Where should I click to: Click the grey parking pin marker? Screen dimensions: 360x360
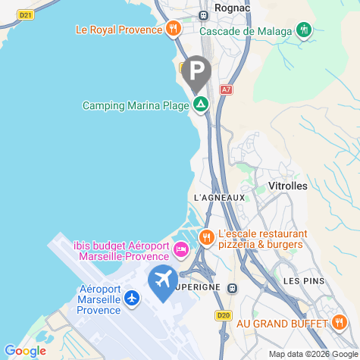click(197, 73)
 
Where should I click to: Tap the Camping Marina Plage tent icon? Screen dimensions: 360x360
click(201, 105)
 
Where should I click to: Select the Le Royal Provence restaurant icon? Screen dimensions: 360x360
click(174, 30)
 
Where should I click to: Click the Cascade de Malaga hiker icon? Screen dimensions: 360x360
click(305, 30)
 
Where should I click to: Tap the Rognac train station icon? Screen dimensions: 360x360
click(204, 15)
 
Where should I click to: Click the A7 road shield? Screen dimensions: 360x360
click(226, 89)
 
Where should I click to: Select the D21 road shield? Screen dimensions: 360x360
click(26, 14)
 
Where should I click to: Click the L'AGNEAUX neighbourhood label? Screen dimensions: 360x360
click(220, 198)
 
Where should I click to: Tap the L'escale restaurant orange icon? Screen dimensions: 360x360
click(206, 238)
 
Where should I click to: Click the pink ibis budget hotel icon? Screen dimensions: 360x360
click(181, 249)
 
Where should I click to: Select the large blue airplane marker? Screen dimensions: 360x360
click(163, 281)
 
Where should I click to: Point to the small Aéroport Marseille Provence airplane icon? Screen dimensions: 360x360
click(133, 299)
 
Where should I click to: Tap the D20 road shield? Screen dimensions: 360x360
click(223, 315)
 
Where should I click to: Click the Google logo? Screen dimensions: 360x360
click(24, 351)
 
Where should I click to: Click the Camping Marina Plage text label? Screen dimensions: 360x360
click(135, 105)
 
